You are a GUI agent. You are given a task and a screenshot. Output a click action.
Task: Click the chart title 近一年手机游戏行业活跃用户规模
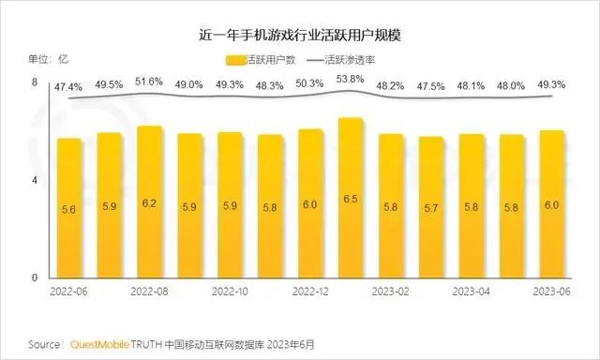pyautogui.click(x=300, y=36)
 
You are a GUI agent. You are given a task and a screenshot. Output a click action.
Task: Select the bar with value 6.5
pyautogui.click(x=351, y=198)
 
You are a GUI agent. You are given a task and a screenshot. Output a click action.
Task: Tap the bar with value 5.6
pyautogui.click(x=69, y=208)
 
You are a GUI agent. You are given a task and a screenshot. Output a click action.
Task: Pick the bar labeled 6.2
pyautogui.click(x=150, y=202)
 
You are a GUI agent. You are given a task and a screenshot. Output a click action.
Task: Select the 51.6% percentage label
pyautogui.click(x=150, y=82)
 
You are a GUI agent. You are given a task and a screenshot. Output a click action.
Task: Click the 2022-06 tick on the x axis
pyautogui.click(x=69, y=292)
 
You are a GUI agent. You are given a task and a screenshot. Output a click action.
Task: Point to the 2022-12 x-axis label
pyautogui.click(x=310, y=292)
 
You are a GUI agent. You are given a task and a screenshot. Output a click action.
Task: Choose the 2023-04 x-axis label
pyautogui.click(x=472, y=292)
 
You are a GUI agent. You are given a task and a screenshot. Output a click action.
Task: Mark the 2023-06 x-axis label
pyautogui.click(x=552, y=292)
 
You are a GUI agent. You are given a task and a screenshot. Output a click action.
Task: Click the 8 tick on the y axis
pyautogui.click(x=35, y=82)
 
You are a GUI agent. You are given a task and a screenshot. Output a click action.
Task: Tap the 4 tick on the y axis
pyautogui.click(x=35, y=180)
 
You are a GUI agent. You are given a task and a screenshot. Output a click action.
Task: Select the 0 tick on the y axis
pyautogui.click(x=35, y=278)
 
